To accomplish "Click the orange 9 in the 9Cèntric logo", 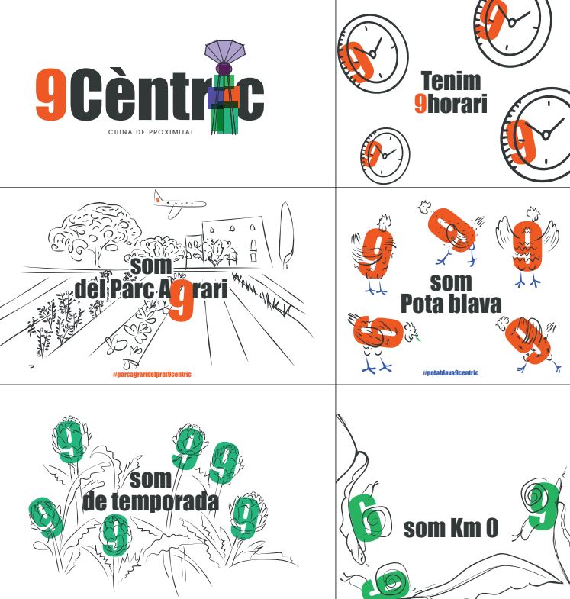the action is [52, 94].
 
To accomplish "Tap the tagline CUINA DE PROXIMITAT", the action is [151, 132].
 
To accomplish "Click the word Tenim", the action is [451, 81].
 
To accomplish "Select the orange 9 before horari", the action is [420, 103].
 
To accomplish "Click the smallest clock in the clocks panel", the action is [385, 156].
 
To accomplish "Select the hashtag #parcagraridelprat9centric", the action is [152, 375].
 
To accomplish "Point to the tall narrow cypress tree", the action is [286, 234].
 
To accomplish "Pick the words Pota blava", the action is [451, 304].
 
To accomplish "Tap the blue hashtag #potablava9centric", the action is [450, 373].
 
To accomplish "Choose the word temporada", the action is [165, 501].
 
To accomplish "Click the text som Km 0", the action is [451, 528].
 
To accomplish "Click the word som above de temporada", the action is [150, 480].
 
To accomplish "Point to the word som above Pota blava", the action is [451, 283].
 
